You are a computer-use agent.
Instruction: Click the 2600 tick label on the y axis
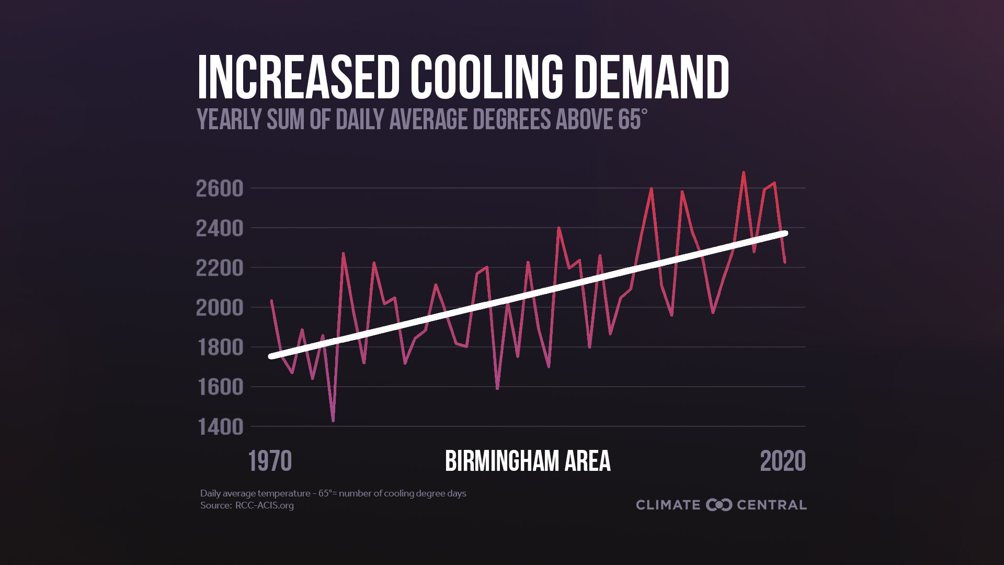(x=220, y=188)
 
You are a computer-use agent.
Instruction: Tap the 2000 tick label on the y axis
(x=220, y=308)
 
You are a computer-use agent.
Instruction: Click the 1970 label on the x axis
(x=270, y=461)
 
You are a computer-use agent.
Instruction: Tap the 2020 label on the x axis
(x=782, y=461)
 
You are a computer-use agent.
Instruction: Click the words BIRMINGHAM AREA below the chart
(x=527, y=461)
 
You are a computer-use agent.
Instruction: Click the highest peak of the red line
(x=744, y=172)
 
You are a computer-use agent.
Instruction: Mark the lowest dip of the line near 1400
(x=333, y=421)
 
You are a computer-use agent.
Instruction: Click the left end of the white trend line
(x=271, y=356)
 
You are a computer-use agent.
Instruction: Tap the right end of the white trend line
(x=785, y=233)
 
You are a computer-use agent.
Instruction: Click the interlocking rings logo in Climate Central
(x=718, y=505)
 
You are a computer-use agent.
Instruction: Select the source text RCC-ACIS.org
(x=264, y=505)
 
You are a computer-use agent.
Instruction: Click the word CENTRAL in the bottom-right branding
(x=771, y=505)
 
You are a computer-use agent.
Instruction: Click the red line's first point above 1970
(x=271, y=300)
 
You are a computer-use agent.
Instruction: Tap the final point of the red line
(x=785, y=262)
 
